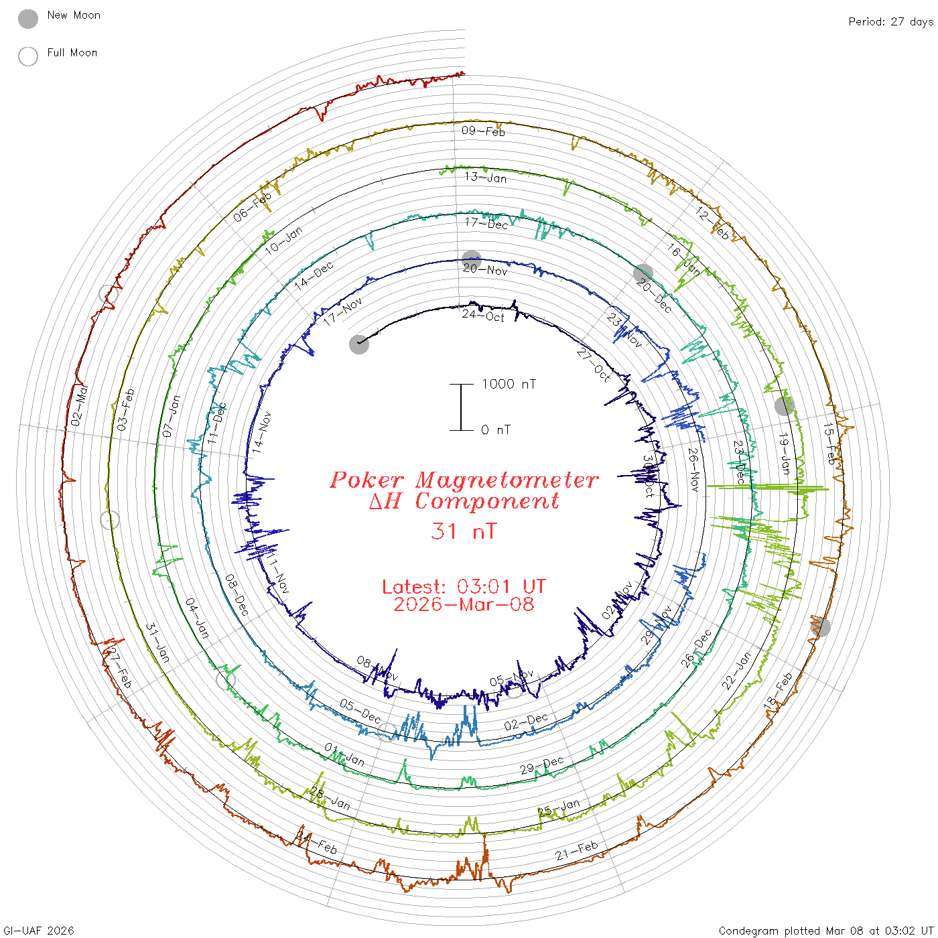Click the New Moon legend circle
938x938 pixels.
(x=28, y=19)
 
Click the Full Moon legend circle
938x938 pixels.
(x=28, y=56)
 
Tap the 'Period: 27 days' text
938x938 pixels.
(x=890, y=22)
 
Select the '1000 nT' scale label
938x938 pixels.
(x=509, y=384)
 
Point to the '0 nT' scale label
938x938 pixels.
(x=496, y=429)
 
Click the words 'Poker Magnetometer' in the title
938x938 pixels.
(x=464, y=480)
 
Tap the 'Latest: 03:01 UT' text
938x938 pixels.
(x=464, y=587)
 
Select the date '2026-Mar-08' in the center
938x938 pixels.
(x=464, y=604)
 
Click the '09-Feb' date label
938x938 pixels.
(x=483, y=131)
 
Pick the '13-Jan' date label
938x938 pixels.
(x=486, y=178)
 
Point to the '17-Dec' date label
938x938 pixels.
(x=486, y=224)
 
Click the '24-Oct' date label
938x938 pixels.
(x=483, y=315)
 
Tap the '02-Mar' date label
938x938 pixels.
(x=79, y=405)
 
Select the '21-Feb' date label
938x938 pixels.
(x=576, y=851)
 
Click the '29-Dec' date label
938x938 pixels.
(x=542, y=765)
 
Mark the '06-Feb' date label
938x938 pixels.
(x=253, y=207)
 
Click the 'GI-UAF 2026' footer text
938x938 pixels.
(x=39, y=931)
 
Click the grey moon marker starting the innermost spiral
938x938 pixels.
(x=359, y=344)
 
